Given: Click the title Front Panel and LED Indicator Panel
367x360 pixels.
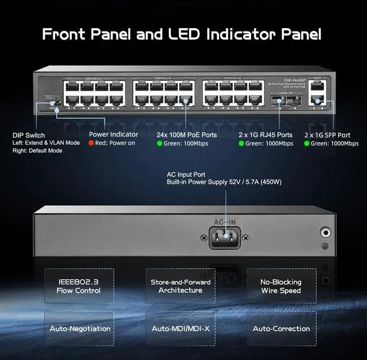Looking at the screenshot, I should tap(182, 34).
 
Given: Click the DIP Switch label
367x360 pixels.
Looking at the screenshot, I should tap(28, 135).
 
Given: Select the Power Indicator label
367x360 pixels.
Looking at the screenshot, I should tap(113, 135).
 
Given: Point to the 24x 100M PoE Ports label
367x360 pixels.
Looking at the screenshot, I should tap(186, 135).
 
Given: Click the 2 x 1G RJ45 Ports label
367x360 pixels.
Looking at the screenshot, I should tap(266, 135).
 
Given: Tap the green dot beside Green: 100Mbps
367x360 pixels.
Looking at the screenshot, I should tap(160, 143).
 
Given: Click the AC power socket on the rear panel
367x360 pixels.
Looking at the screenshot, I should tap(225, 235).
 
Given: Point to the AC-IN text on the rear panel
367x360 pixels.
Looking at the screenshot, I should tap(225, 221).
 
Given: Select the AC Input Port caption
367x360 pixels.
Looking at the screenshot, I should tap(186, 174).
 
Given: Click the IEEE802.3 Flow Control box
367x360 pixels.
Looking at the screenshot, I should tap(79, 286).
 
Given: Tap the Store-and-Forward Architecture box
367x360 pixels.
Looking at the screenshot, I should tap(180, 286).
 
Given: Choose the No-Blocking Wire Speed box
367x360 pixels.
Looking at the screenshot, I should tap(281, 286).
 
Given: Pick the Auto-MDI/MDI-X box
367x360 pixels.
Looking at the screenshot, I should tap(180, 328).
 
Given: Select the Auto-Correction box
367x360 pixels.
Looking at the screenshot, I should tap(281, 328).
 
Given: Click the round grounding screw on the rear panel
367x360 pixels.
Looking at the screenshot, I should tap(326, 233).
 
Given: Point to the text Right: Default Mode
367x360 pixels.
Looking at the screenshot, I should tap(37, 151).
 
